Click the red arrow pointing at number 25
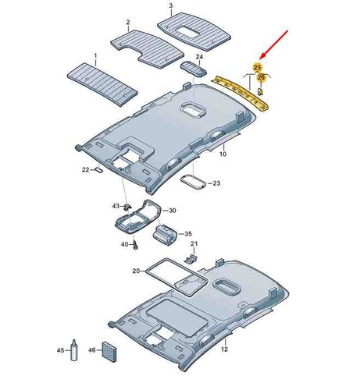274,44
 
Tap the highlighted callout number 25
257,67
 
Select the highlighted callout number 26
261,77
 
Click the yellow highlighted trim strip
240,92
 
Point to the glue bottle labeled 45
74,350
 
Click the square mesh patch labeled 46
109,352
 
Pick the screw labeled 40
135,245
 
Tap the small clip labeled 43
127,207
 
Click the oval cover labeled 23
193,181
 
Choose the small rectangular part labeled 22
98,170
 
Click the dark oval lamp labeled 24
194,69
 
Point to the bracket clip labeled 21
191,258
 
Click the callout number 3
171,5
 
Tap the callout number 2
128,23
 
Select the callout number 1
95,55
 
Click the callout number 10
223,154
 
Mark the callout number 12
224,349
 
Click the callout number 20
136,271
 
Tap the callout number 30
173,211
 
